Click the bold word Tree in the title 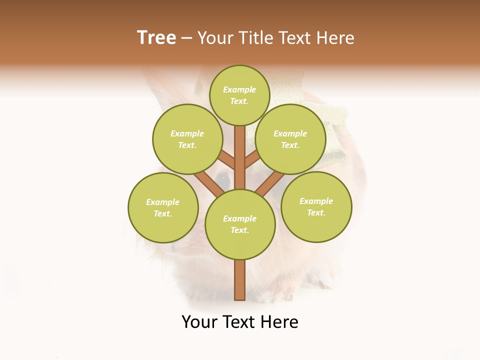156,38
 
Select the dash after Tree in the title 186,38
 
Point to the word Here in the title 337,38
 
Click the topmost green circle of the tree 239,95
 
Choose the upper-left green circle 187,139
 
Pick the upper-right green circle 290,139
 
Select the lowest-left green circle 163,207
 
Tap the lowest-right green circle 316,206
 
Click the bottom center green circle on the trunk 240,224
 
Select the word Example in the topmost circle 239,89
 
